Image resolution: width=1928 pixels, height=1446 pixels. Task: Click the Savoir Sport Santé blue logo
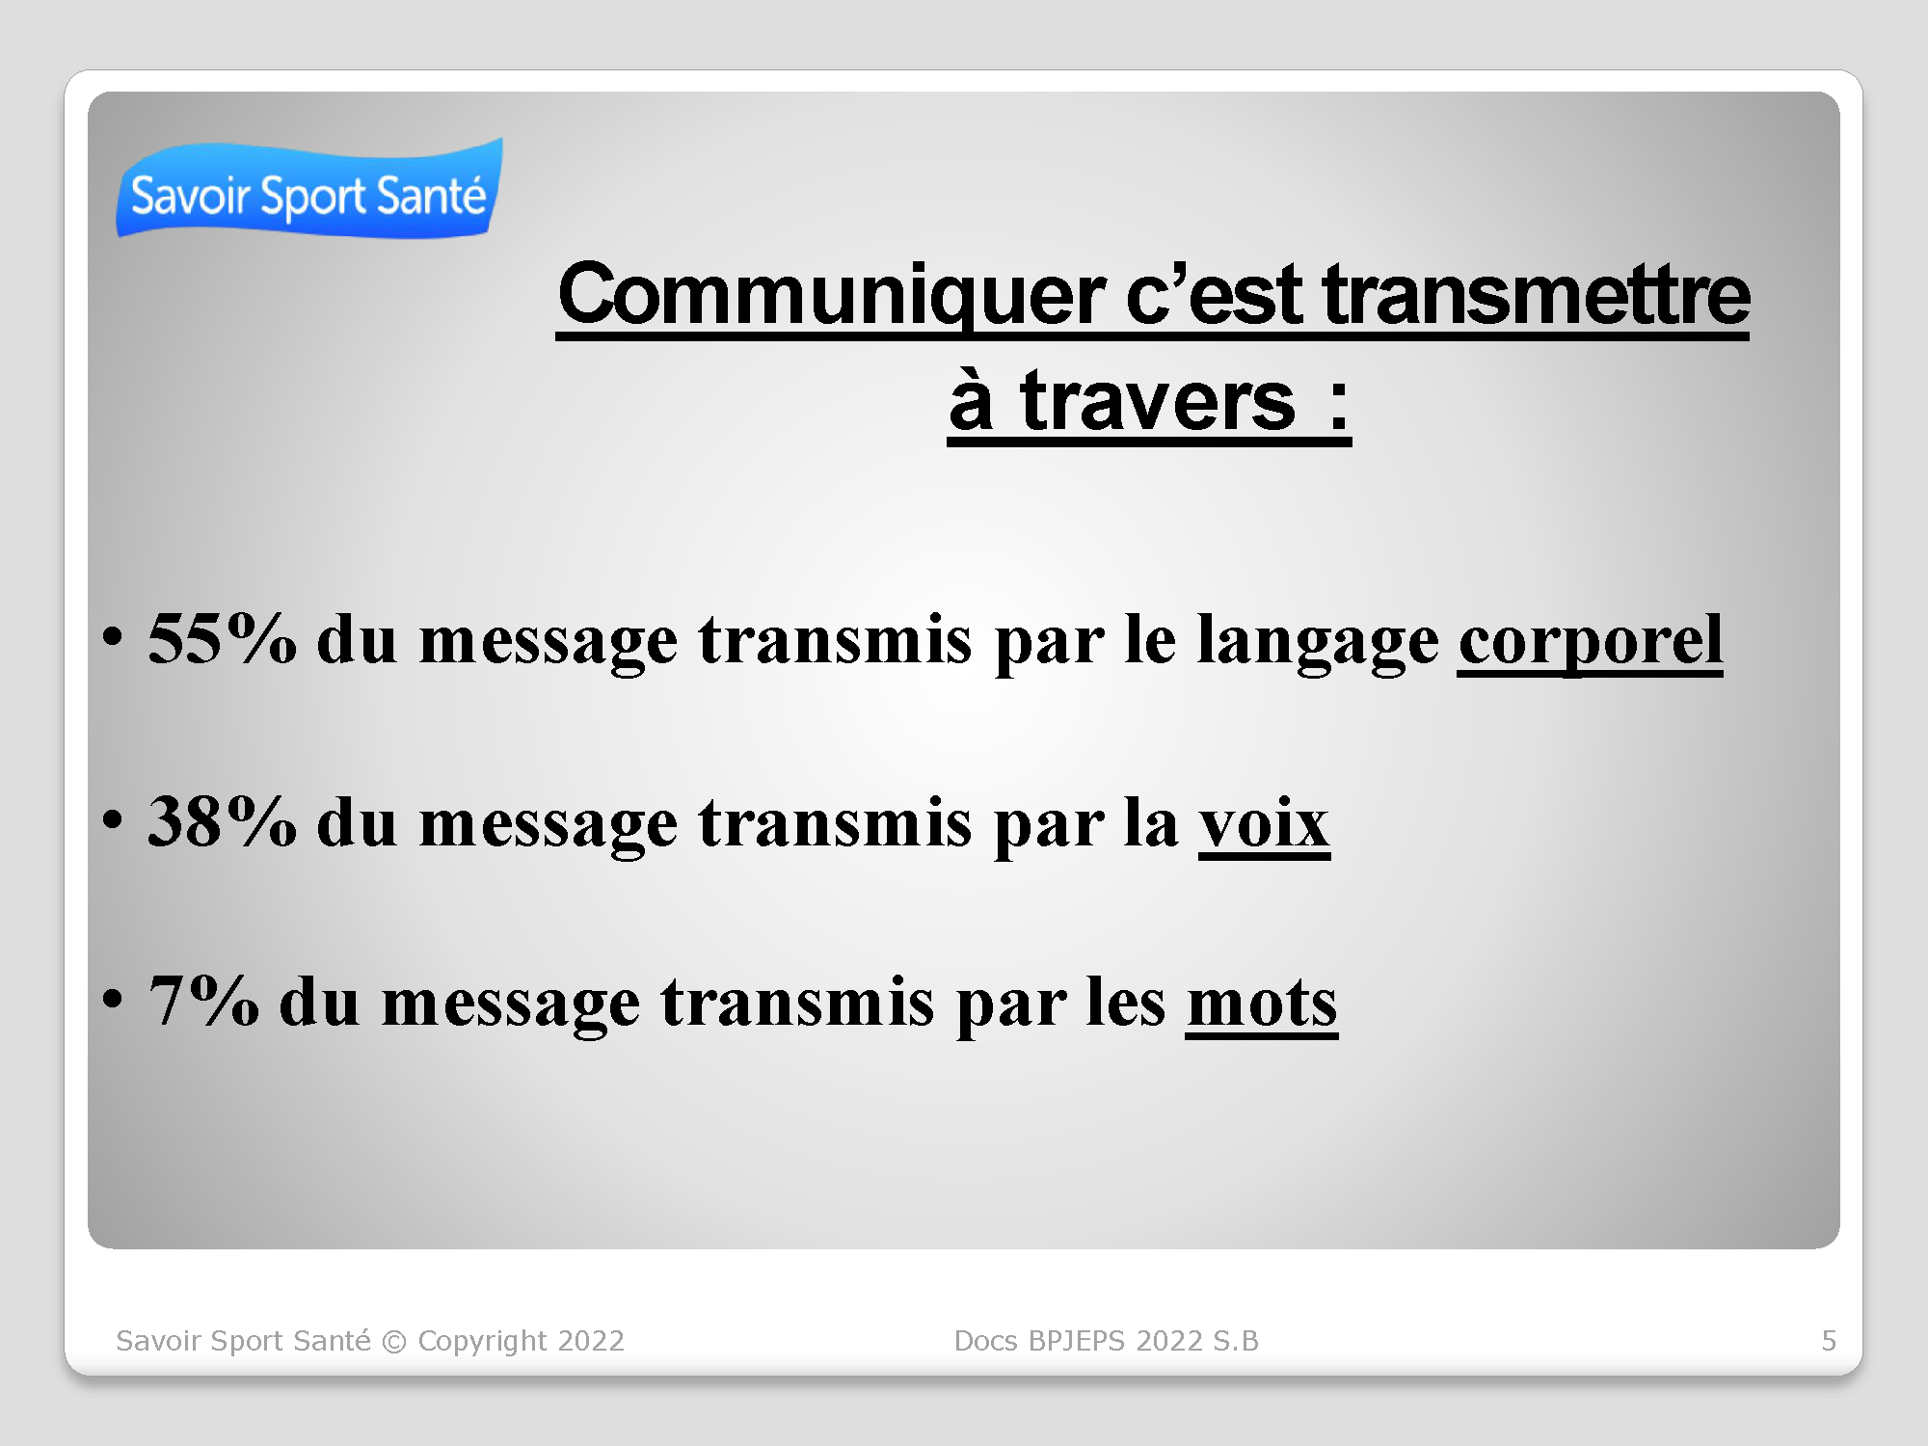[x=309, y=189]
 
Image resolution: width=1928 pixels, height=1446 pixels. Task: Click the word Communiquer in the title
[x=831, y=297]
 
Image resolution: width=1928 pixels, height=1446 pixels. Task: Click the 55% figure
[x=222, y=638]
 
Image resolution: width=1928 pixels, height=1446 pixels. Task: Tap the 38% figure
[x=222, y=821]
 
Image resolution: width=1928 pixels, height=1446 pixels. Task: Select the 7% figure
[x=203, y=1001]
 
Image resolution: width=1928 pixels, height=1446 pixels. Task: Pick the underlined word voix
[x=1264, y=823]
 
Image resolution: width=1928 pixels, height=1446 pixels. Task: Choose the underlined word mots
[x=1262, y=1004]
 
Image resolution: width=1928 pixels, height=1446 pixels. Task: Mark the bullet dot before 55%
[x=113, y=637]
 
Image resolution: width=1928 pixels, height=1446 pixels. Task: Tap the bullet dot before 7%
[x=113, y=1000]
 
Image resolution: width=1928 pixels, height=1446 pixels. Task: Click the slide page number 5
[x=1829, y=1341]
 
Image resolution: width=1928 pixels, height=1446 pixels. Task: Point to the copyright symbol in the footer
[x=394, y=1342]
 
